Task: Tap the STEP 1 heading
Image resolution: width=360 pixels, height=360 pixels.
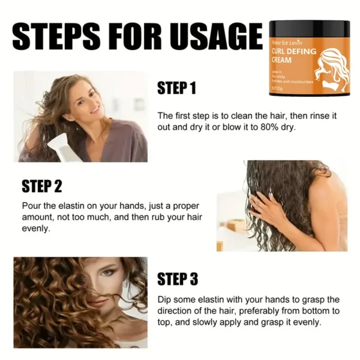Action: click(x=176, y=89)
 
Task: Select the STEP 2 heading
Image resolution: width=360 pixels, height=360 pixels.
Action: click(x=42, y=186)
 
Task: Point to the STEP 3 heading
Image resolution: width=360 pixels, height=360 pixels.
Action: click(x=178, y=279)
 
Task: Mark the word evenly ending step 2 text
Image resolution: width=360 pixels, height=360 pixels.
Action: click(x=37, y=229)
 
